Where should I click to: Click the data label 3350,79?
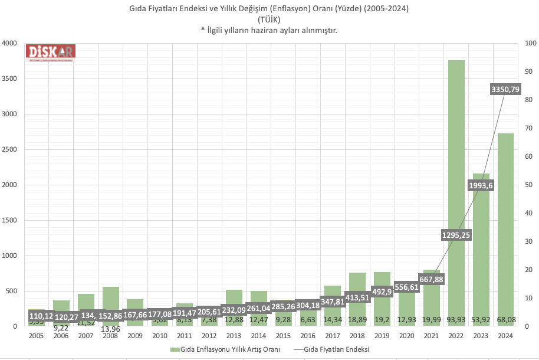click(x=505, y=89)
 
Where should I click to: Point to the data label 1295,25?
click(x=456, y=235)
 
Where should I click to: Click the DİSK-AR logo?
click(x=51, y=52)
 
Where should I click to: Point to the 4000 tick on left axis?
click(x=9, y=44)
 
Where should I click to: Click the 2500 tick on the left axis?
click(x=9, y=150)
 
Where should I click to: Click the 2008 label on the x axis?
click(x=110, y=335)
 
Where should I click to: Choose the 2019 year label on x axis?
click(x=382, y=335)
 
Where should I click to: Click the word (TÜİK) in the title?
click(x=269, y=19)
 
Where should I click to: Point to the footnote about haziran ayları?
click(x=269, y=30)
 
